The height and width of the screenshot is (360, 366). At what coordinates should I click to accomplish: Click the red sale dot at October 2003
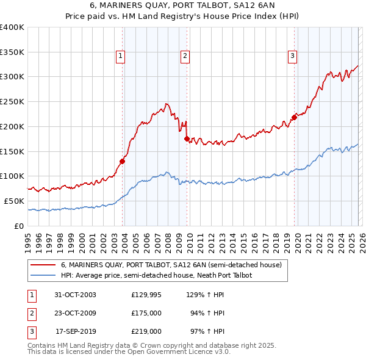point(123,162)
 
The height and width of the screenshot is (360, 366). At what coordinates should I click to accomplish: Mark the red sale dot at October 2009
point(187,139)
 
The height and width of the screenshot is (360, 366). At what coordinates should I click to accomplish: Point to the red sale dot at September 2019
point(293,117)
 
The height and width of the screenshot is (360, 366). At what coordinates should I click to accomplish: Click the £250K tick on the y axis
point(12,102)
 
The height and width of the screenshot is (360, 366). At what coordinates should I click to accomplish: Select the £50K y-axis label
point(15,201)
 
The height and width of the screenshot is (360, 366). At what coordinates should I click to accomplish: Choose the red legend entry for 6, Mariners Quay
point(171,265)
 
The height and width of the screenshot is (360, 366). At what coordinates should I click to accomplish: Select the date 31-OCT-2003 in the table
point(75,295)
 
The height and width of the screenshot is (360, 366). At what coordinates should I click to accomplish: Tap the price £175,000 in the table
point(146,313)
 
